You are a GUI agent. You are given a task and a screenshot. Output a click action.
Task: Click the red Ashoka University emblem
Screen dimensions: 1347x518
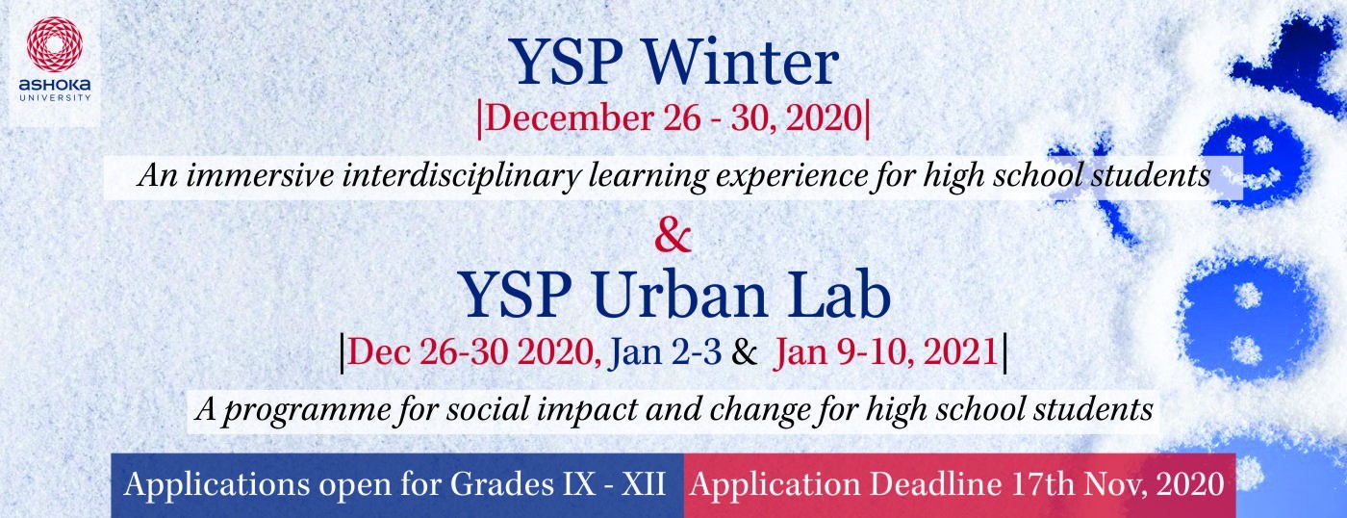tap(54, 45)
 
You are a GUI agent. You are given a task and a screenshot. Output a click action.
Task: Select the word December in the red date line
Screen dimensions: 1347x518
tap(569, 118)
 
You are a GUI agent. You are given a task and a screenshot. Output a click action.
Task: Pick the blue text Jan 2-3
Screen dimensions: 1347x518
tap(664, 351)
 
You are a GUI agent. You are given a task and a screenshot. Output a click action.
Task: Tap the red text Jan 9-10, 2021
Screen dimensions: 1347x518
tap(885, 352)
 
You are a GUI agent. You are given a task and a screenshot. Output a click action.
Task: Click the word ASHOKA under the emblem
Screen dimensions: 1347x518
tap(55, 86)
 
